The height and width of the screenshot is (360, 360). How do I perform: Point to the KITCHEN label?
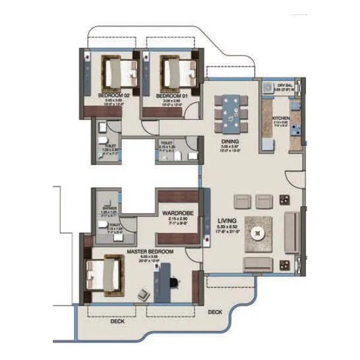[281, 118]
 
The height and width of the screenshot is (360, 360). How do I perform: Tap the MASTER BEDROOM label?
[150, 251]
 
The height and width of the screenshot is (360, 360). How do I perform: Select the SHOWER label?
[109, 209]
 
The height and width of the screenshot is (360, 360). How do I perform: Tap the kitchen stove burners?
[295, 128]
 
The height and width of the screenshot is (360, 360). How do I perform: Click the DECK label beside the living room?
[215, 312]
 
